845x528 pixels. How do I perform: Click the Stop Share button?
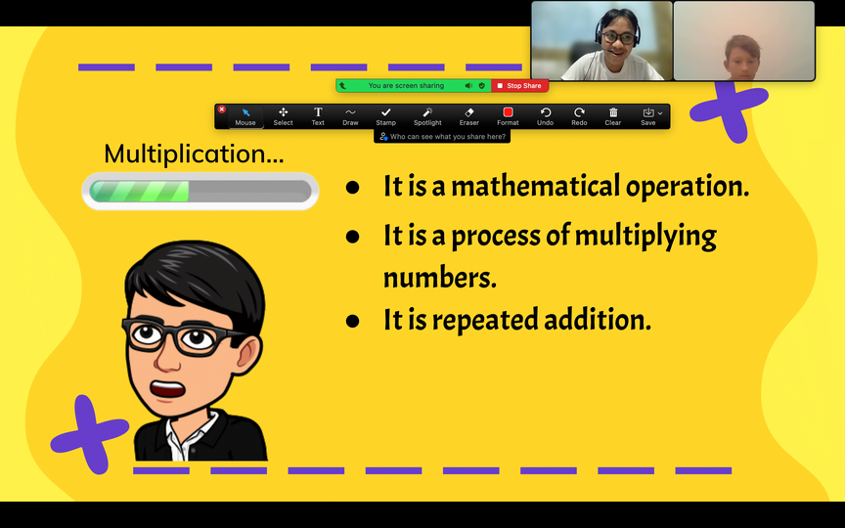pos(520,86)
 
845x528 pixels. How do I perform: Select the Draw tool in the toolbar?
pos(350,116)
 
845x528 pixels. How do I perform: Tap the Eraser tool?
pos(468,116)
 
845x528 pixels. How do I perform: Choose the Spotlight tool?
pos(427,116)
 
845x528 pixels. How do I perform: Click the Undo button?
pos(546,116)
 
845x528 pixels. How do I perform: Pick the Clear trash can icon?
pos(613,112)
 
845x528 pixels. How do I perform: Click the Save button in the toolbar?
pos(648,116)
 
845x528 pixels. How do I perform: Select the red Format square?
pos(508,112)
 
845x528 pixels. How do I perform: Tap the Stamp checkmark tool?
pos(386,116)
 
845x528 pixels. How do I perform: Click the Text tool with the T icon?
pos(318,116)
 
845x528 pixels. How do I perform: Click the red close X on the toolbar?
pos(221,109)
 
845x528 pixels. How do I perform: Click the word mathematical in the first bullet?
pos(535,186)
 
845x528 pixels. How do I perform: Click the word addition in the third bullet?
pos(598,320)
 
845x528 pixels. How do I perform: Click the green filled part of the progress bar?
pos(140,192)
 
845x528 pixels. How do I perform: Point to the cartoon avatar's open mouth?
pos(167,388)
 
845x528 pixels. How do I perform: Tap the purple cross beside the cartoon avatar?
pos(89,434)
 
